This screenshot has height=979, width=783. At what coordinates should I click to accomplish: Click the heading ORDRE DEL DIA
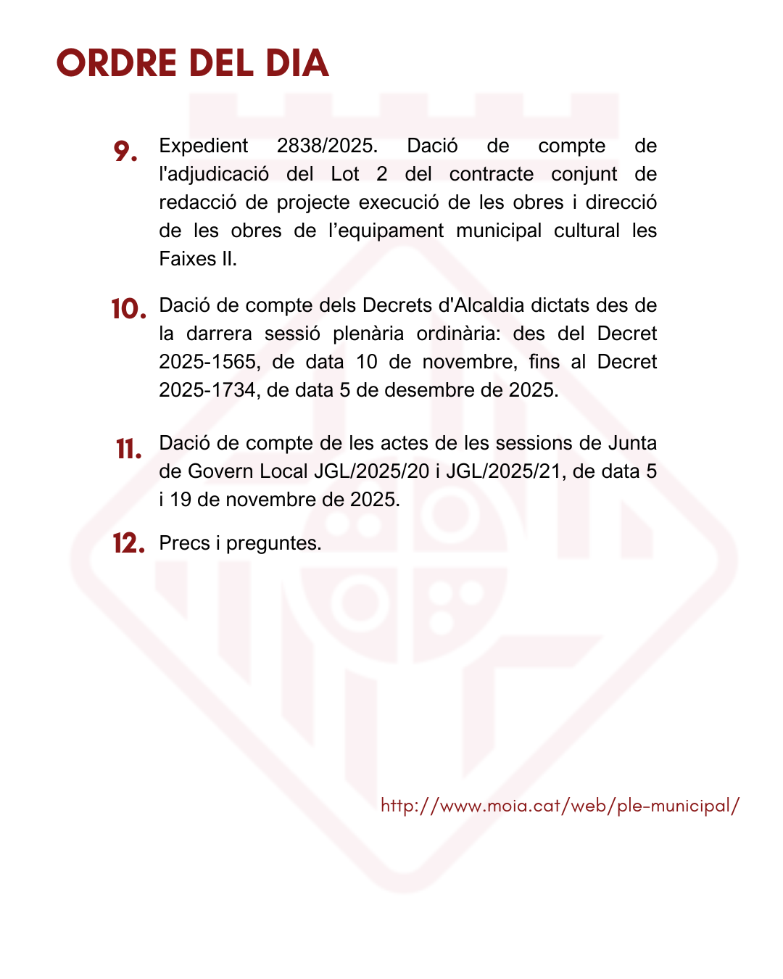click(x=193, y=64)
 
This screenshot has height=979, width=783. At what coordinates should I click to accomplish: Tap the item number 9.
click(x=125, y=152)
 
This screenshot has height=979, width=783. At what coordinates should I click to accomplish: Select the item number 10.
click(x=128, y=310)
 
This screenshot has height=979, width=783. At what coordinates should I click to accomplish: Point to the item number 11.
click(x=128, y=450)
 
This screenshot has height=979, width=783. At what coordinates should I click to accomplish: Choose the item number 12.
click(x=128, y=543)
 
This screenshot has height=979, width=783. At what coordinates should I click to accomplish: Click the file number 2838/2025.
click(x=327, y=146)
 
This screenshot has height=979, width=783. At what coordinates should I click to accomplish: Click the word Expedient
click(x=204, y=146)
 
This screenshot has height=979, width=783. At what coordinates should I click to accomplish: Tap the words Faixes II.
click(x=198, y=259)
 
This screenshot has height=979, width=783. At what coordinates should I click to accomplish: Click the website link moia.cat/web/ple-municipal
click(x=560, y=806)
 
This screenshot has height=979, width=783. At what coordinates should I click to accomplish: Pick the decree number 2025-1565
click(x=207, y=362)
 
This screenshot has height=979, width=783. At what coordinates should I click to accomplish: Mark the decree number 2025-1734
click(x=207, y=390)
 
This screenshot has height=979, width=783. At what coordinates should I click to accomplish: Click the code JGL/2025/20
click(x=371, y=471)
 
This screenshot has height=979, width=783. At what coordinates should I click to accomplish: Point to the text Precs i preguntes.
click(x=240, y=543)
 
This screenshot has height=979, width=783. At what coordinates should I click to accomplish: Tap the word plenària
click(x=368, y=334)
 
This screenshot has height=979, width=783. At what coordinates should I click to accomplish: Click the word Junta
click(x=632, y=443)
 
